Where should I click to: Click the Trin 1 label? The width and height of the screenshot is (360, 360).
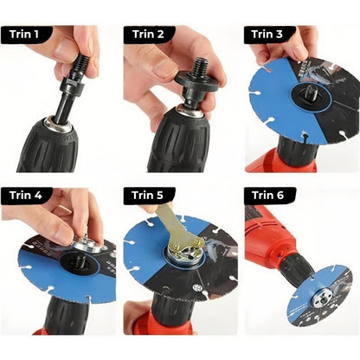[x=24, y=35]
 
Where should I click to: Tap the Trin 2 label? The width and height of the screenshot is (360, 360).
[x=148, y=35]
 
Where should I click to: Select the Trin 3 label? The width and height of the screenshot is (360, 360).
[x=267, y=35]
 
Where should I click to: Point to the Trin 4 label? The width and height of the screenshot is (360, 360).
[x=26, y=196]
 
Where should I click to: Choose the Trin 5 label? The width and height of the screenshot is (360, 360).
[x=148, y=196]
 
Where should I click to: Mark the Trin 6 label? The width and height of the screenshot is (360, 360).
[x=268, y=196]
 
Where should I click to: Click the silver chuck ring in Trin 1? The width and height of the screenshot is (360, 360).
[x=61, y=125]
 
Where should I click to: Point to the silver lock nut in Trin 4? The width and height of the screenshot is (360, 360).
[x=87, y=244]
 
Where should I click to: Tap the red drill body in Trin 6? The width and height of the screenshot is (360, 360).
[x=266, y=234]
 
